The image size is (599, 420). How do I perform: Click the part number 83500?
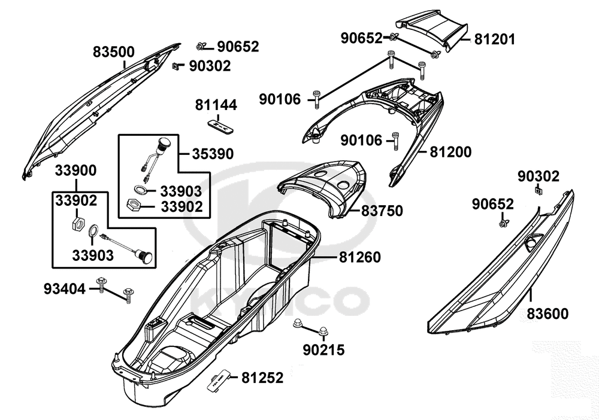(x=113, y=52)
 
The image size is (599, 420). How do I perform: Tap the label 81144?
(x=216, y=105)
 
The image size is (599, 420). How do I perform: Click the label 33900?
(x=75, y=171)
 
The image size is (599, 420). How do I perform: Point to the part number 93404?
(x=63, y=289)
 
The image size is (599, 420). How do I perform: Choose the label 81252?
(x=262, y=378)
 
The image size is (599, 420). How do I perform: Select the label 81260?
(x=360, y=257)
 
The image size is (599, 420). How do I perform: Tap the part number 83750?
(x=382, y=211)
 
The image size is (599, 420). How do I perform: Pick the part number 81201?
(x=495, y=39)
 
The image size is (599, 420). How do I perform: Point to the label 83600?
(x=548, y=313)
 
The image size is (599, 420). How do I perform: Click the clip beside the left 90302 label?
(x=177, y=66)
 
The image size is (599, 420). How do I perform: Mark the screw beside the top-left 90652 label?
(x=201, y=46)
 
